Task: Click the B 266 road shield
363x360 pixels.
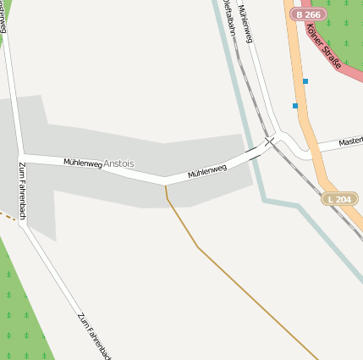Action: pyautogui.click(x=307, y=14)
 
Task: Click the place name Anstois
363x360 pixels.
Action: pyautogui.click(x=118, y=163)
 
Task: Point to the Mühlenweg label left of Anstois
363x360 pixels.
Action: pyautogui.click(x=82, y=162)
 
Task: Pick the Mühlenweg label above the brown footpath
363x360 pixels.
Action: pyautogui.click(x=207, y=171)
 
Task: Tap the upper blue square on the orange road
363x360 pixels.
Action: pyautogui.click(x=305, y=81)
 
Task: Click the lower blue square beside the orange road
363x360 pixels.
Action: pyautogui.click(x=294, y=106)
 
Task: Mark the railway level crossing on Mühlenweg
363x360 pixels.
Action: pyautogui.click(x=268, y=141)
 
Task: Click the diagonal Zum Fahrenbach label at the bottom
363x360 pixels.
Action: pyautogui.click(x=94, y=335)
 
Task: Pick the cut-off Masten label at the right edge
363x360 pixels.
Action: pyautogui.click(x=350, y=141)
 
